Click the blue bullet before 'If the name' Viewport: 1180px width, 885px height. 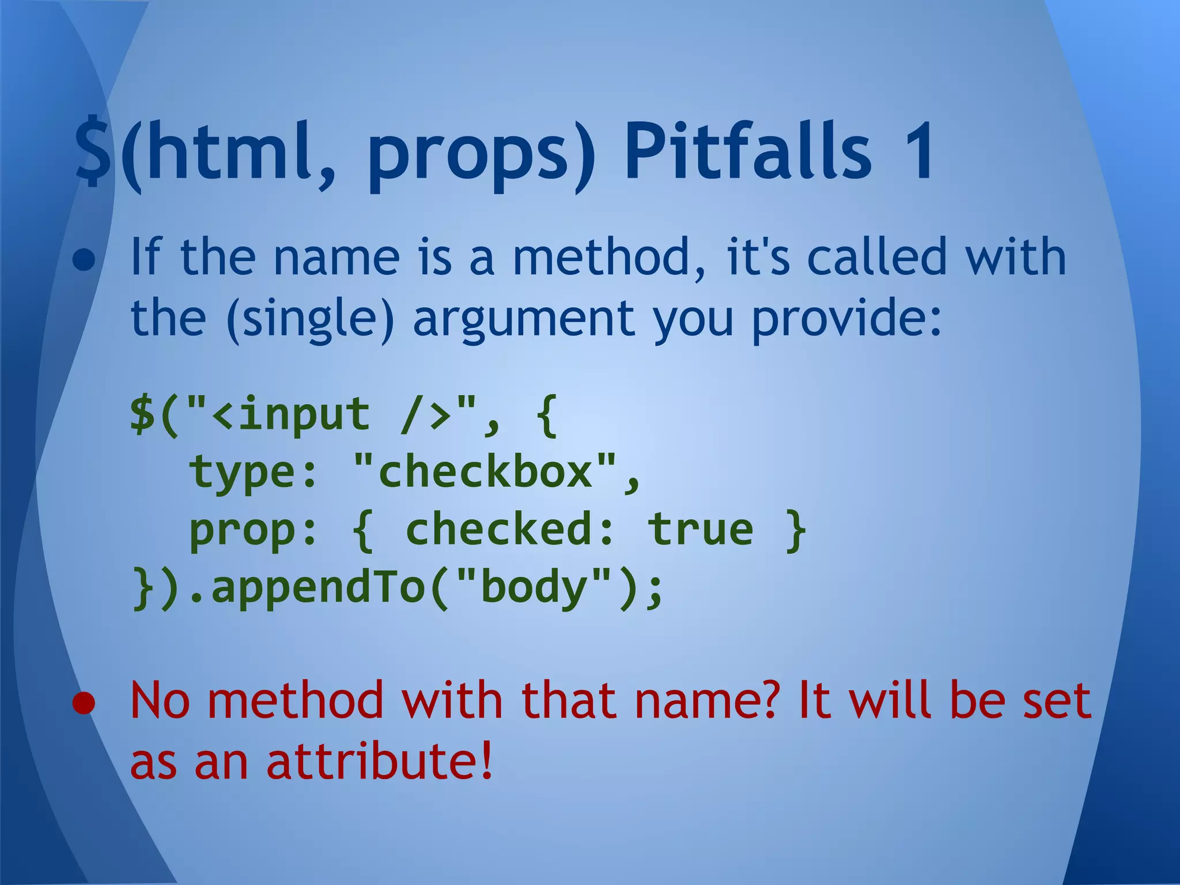click(84, 260)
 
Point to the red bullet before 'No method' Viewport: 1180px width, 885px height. click(84, 704)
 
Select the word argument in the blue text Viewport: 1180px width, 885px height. click(523, 320)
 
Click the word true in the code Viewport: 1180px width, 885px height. click(700, 529)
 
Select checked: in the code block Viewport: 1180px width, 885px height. click(509, 529)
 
